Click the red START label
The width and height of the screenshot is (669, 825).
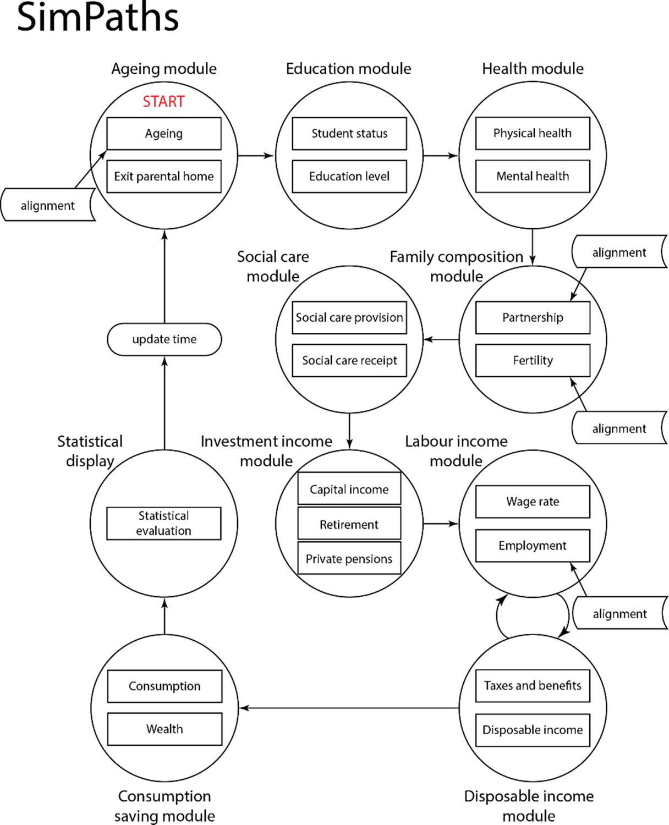click(163, 102)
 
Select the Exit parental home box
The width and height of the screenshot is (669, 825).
click(164, 176)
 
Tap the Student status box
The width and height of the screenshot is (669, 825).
click(349, 133)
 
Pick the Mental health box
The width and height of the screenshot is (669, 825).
click(533, 176)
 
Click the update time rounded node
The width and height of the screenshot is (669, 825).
click(164, 339)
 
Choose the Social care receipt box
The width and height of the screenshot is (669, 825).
click(349, 360)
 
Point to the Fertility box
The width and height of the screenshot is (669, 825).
click(533, 360)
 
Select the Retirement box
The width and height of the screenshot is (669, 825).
click(349, 525)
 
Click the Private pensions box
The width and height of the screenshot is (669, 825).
click(349, 559)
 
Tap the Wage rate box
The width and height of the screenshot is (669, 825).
click(533, 502)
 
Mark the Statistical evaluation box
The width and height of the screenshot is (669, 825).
click(164, 523)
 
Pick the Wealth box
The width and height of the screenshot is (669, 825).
click(164, 729)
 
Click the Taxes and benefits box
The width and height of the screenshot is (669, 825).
click(533, 685)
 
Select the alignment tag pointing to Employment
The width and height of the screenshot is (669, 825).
click(620, 613)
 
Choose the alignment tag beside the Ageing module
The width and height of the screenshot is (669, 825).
click(48, 205)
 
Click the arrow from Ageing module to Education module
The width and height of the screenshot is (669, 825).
click(256, 156)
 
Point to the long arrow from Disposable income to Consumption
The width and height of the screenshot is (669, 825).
click(349, 708)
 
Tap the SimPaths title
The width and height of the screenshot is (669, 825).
click(97, 18)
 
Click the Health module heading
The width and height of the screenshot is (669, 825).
click(533, 69)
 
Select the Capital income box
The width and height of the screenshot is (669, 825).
click(349, 489)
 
